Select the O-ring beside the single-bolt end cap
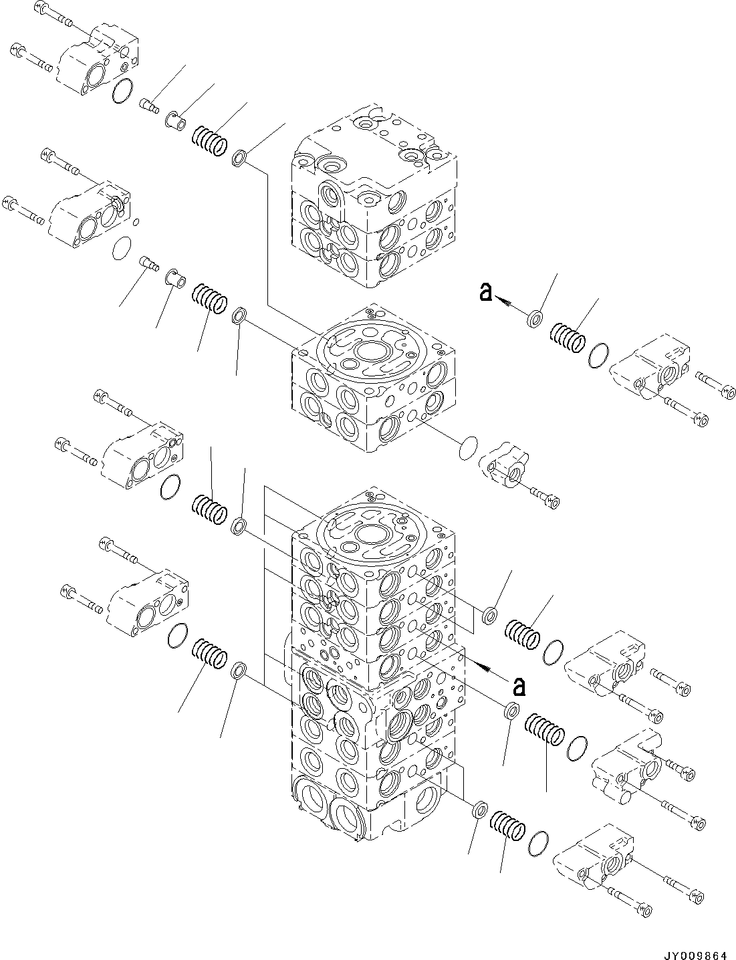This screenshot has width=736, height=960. pyautogui.click(x=470, y=447)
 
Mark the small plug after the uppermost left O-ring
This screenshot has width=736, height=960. pyautogui.click(x=148, y=104)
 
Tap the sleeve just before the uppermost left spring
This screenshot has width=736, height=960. pyautogui.click(x=176, y=120)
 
